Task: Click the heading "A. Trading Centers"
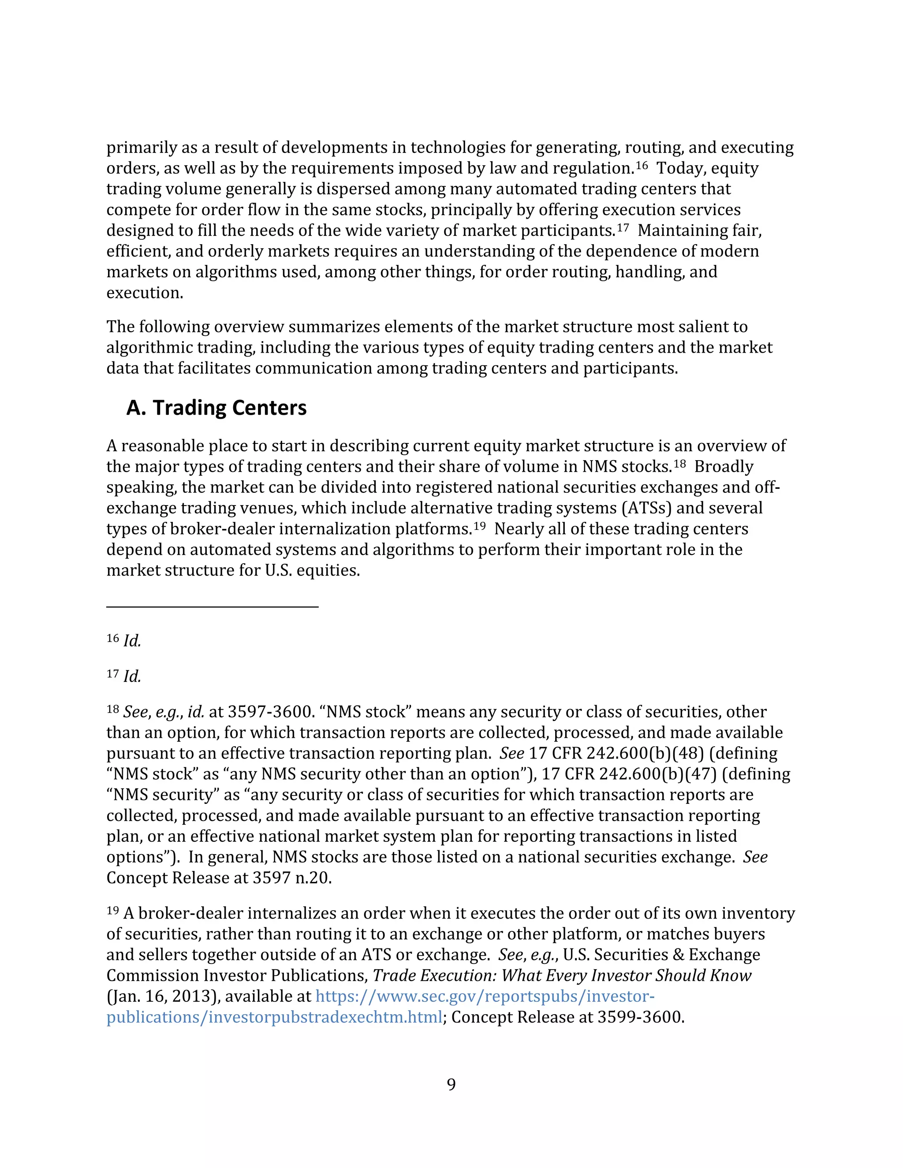216,408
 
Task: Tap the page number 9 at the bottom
451,1084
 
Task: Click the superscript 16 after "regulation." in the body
642,165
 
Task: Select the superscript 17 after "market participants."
623,227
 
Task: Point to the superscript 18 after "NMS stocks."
679,464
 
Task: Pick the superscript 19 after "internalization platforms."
479,526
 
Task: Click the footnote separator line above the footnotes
213,606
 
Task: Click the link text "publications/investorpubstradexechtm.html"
274,1017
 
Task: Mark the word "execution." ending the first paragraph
145,293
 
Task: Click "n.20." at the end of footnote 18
313,878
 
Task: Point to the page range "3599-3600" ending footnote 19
641,1017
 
